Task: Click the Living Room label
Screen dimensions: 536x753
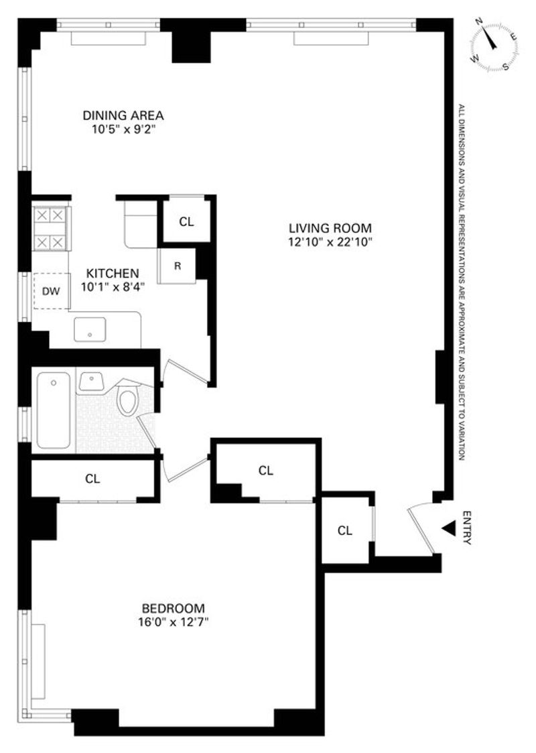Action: tap(330, 227)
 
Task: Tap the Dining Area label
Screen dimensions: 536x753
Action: tap(123, 115)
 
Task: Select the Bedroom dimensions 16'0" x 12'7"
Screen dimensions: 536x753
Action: tap(173, 622)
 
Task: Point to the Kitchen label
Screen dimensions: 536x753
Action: tap(113, 274)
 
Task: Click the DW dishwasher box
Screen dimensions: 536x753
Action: tap(52, 291)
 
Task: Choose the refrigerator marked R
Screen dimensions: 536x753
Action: tap(177, 266)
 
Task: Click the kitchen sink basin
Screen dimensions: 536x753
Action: tap(90, 329)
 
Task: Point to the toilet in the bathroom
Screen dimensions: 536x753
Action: tap(128, 399)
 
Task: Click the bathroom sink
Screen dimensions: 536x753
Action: tap(91, 382)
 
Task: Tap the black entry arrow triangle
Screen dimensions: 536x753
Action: tap(448, 528)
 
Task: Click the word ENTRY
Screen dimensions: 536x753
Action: tap(467, 528)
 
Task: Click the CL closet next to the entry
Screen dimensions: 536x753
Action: tap(345, 530)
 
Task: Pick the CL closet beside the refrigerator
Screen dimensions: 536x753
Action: tap(186, 221)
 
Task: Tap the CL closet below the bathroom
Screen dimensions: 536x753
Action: tap(92, 479)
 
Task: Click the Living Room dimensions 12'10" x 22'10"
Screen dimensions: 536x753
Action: tap(330, 241)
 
